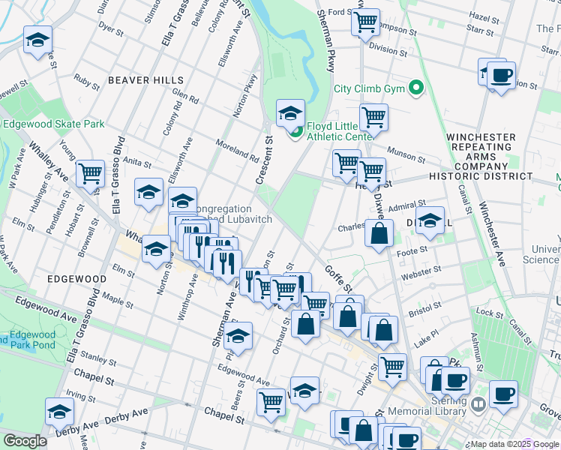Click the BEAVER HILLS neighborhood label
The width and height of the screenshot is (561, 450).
145,80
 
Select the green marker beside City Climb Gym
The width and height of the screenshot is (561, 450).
415,88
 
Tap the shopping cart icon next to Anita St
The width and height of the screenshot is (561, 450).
90,172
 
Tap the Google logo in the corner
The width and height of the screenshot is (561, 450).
25,441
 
